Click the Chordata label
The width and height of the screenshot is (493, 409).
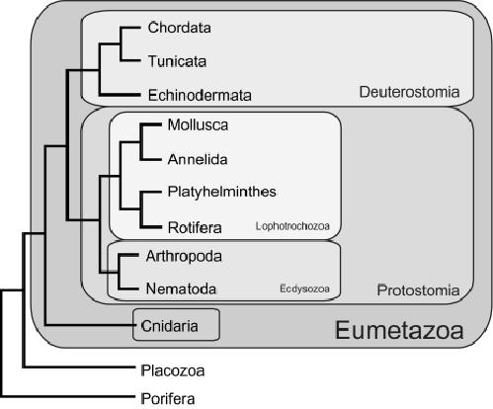(x=179, y=28)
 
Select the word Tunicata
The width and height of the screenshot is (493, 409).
(x=177, y=61)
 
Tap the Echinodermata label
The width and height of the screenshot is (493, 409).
(x=200, y=95)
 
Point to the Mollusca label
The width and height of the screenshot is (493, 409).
(x=198, y=125)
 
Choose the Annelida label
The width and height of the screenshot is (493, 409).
(x=198, y=159)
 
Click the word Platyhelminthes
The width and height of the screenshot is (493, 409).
(x=221, y=192)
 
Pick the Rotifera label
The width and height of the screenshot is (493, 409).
(x=195, y=227)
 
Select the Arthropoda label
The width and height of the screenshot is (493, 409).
(x=184, y=257)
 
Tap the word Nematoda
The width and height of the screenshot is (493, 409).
(x=181, y=288)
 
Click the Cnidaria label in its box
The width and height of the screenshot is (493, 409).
(x=170, y=326)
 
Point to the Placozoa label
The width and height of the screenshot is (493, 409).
(x=173, y=370)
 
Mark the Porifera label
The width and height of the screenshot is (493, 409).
(x=168, y=399)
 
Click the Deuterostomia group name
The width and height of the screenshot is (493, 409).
(x=409, y=92)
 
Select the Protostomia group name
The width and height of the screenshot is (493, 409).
(x=418, y=290)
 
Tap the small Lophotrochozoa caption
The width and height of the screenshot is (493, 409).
(x=292, y=226)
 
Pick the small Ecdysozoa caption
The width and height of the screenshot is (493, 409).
(x=304, y=288)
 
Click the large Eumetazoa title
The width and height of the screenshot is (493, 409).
(x=399, y=330)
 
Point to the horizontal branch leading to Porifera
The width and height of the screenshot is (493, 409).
(x=68, y=396)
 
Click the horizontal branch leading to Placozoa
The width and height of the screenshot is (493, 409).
(x=79, y=368)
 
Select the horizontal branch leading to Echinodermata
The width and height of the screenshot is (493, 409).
(x=120, y=95)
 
